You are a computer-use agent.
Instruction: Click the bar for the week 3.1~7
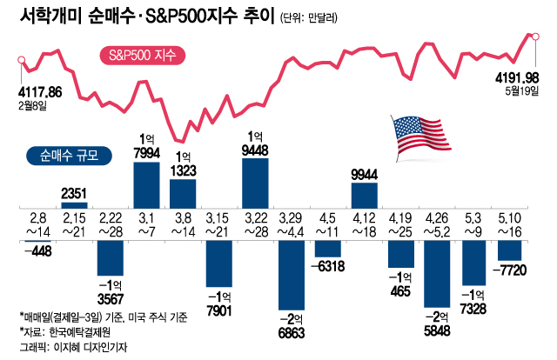147,183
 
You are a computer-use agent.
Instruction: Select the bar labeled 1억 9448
256,182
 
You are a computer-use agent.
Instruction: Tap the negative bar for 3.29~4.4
292,276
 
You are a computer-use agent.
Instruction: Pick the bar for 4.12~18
364,195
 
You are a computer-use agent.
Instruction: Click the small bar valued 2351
74,205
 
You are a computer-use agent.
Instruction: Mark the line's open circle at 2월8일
20,59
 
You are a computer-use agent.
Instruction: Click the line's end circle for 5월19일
534,37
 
